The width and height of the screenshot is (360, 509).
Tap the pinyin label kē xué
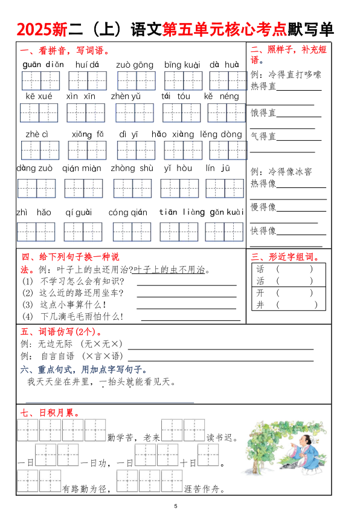(39, 96)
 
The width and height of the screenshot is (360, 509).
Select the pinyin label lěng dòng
(221, 134)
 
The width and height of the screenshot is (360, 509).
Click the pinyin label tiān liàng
(181, 212)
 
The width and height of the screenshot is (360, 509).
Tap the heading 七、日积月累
(51, 413)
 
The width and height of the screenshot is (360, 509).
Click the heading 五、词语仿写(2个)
(61, 331)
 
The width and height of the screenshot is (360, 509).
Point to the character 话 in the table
(260, 269)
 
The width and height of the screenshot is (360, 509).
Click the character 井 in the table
(260, 305)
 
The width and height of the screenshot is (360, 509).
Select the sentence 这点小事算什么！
(73, 304)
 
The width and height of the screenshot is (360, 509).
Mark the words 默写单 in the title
(310, 30)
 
